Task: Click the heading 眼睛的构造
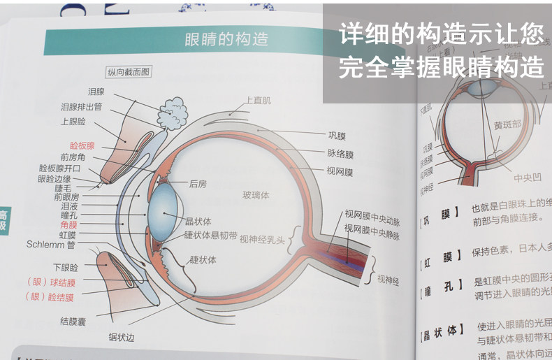pos(226,40)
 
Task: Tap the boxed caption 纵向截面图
pos(129,72)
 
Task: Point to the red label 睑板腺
pos(78,146)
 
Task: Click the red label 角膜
pos(69,225)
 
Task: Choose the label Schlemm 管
pos(51,245)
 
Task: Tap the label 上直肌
pos(258,101)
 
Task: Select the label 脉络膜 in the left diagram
pos(341,153)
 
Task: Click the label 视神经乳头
pos(262,240)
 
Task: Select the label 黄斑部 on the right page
pos(507,125)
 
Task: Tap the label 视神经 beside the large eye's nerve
pos(388,279)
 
